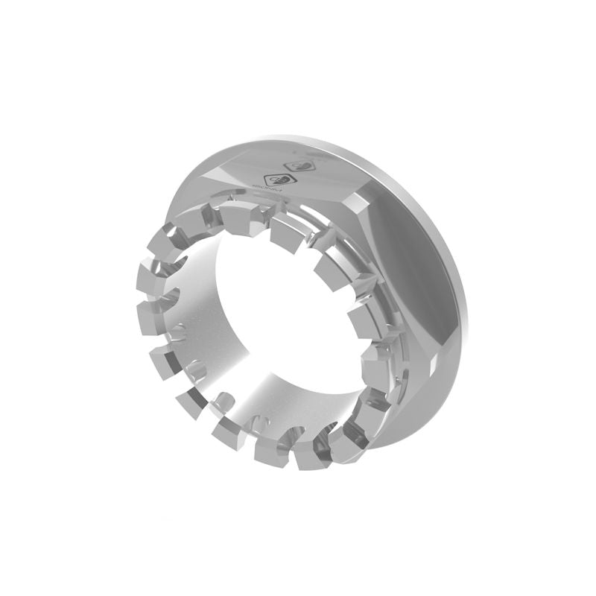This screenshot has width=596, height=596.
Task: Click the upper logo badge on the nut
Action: [x=301, y=168]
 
